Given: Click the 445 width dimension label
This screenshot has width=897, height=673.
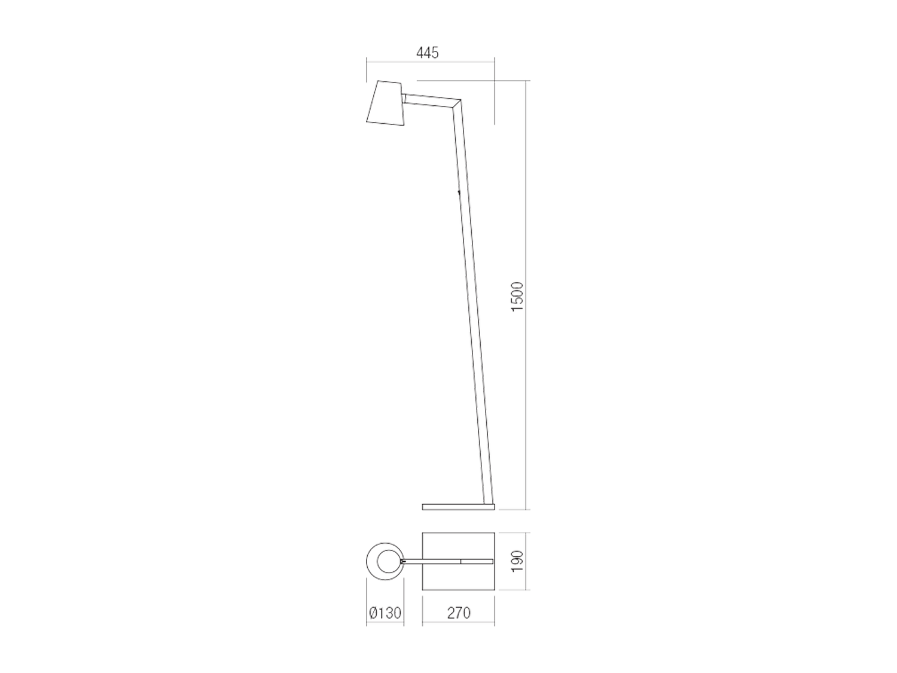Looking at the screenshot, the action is pos(427,53).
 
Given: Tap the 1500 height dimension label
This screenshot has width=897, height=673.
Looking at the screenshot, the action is pos(517,297).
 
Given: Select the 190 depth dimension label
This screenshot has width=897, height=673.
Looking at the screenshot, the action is pos(517,562).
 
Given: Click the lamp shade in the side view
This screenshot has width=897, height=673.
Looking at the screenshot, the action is pos(385,103).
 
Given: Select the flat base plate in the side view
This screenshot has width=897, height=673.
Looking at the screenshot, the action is pos(458,507).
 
